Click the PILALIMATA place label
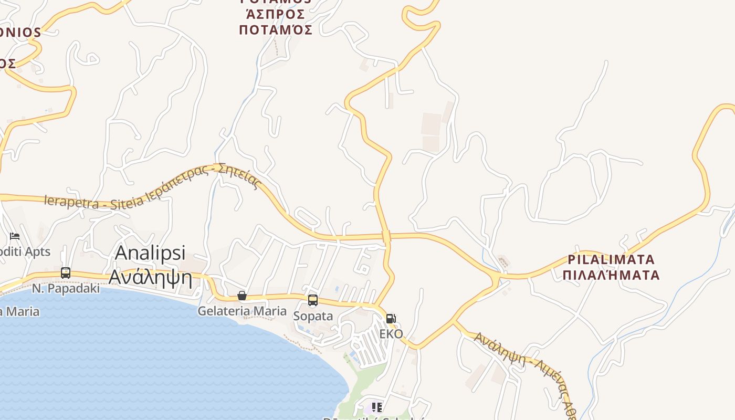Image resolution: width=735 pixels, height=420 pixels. tap(611, 259)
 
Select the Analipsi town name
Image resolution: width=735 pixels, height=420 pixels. tap(150, 253)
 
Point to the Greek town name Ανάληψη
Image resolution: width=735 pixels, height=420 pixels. tap(150, 276)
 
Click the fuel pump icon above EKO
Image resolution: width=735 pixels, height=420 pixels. tap(391, 318)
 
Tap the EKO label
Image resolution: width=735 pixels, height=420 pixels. tap(391, 334)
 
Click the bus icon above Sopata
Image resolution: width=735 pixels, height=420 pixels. tap(313, 300)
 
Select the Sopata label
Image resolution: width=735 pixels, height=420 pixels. tap(313, 316)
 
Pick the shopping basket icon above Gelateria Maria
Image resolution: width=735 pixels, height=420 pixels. tap(242, 296)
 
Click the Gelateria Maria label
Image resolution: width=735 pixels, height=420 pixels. tap(242, 311)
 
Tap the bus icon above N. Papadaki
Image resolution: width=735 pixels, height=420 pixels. tap(66, 273)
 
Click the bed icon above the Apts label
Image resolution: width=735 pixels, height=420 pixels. tap(15, 236)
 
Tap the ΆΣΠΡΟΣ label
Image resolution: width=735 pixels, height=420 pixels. tap(275, 14)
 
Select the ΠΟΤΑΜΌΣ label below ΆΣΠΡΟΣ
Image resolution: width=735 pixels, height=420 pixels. tap(276, 30)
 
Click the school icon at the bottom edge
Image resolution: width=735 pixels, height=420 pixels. tap(376, 407)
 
